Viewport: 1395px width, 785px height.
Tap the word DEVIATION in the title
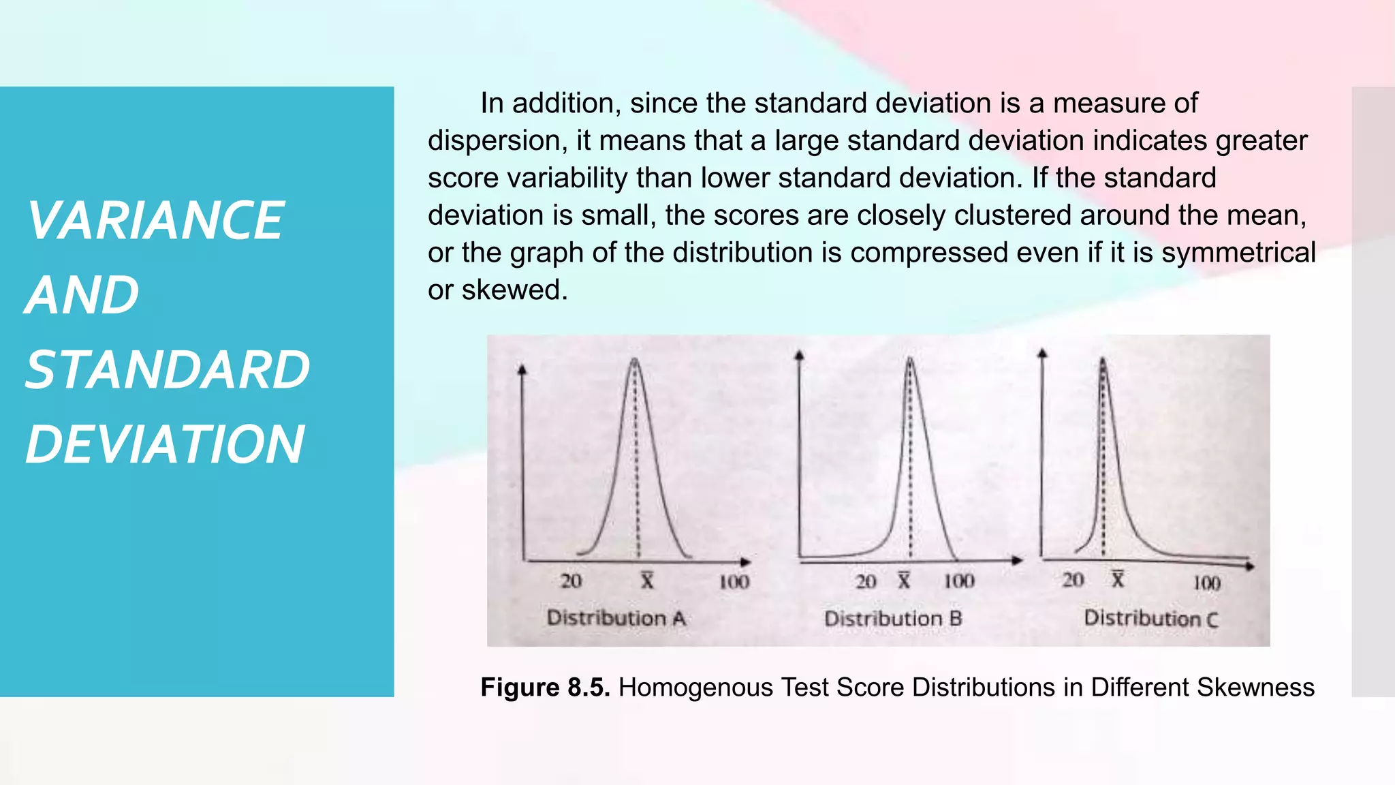pyautogui.click(x=165, y=444)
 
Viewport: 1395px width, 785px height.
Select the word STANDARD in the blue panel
pyautogui.click(x=168, y=370)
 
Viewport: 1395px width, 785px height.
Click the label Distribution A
pyautogui.click(x=616, y=618)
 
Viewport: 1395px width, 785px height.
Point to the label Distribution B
pyautogui.click(x=893, y=619)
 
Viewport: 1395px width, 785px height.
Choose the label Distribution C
pyautogui.click(x=1150, y=619)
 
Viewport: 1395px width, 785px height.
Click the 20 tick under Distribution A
pyautogui.click(x=571, y=581)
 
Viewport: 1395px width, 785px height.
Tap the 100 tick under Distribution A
pyautogui.click(x=734, y=582)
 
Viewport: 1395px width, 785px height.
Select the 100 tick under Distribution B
pyautogui.click(x=959, y=581)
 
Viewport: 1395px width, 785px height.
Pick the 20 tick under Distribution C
pyautogui.click(x=1073, y=580)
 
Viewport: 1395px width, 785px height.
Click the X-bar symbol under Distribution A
pyautogui.click(x=646, y=581)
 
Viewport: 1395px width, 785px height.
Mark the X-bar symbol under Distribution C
pyautogui.click(x=1118, y=579)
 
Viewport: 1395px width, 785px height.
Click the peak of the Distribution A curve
pyautogui.click(x=635, y=360)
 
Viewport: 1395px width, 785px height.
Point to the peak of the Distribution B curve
pyautogui.click(x=910, y=360)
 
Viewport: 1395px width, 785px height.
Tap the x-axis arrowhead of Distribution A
pyautogui.click(x=747, y=562)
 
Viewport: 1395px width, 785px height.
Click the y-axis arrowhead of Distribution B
pyautogui.click(x=800, y=355)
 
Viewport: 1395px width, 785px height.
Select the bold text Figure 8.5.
pyautogui.click(x=545, y=687)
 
